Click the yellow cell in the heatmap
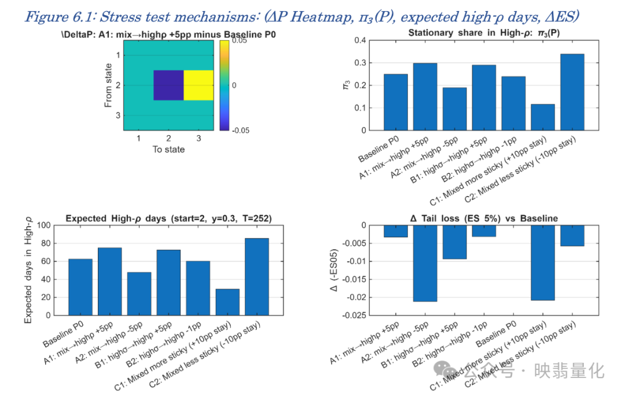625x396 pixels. (198, 85)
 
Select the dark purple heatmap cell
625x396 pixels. (168, 85)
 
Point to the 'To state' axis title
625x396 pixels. (168, 149)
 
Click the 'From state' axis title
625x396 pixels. (108, 85)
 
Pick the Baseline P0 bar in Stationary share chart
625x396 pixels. (395, 102)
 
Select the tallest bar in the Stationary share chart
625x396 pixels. (572, 92)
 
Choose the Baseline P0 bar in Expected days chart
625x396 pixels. (80, 287)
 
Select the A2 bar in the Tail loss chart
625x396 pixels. (425, 263)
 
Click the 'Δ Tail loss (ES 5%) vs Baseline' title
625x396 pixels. (484, 219)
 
